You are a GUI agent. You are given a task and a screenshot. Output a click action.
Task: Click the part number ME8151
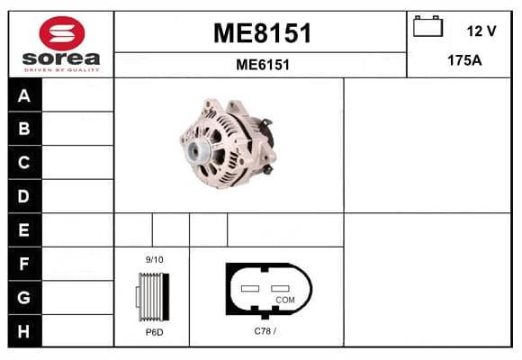pyautogui.click(x=262, y=33)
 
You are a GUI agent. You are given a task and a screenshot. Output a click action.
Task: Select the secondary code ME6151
pyautogui.click(x=263, y=65)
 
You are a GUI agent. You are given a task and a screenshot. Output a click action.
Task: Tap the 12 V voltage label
pyautogui.click(x=481, y=31)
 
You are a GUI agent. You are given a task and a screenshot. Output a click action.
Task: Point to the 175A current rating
pyautogui.click(x=464, y=60)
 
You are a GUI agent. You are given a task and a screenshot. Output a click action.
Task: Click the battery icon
pyautogui.click(x=427, y=26)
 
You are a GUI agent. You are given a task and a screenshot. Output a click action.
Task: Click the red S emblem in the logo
pyautogui.click(x=62, y=33)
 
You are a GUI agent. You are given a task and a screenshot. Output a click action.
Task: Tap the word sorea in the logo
pyautogui.click(x=61, y=58)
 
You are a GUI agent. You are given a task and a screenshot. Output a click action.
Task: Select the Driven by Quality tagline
pyautogui.click(x=61, y=70)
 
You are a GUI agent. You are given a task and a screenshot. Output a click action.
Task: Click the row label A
pyautogui.click(x=24, y=96)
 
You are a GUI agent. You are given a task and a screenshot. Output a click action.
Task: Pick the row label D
pyautogui.click(x=23, y=196)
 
